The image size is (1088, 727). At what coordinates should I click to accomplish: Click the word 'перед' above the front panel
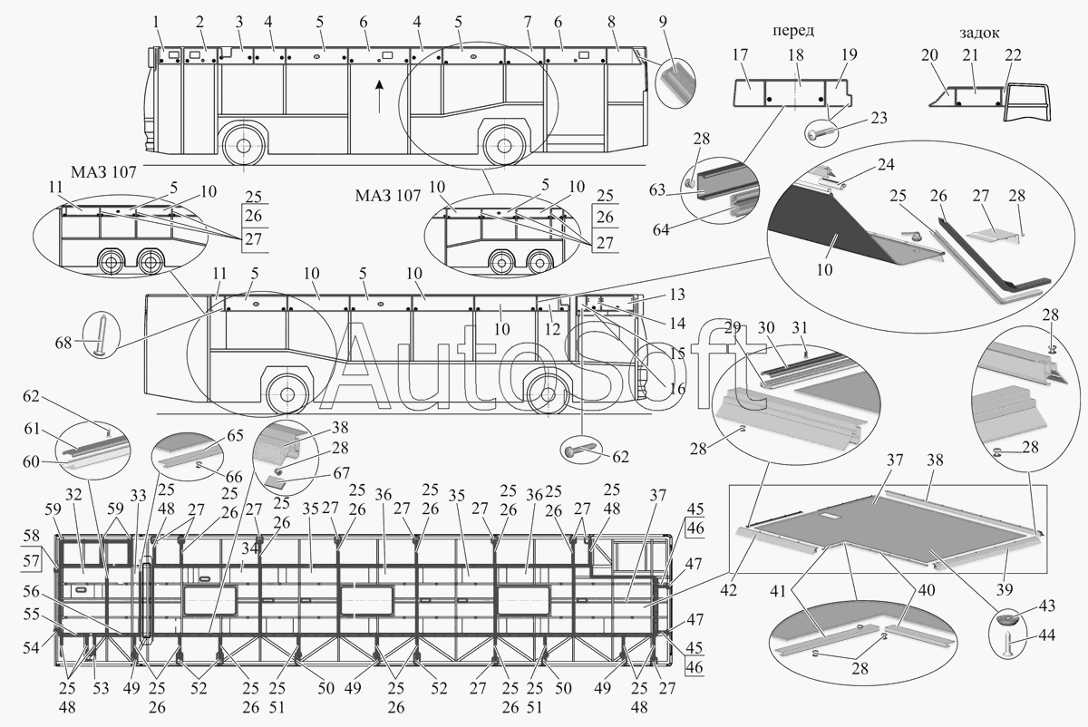click(792, 30)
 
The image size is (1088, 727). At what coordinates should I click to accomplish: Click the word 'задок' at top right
click(978, 33)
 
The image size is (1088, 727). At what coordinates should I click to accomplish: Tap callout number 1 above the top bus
click(156, 20)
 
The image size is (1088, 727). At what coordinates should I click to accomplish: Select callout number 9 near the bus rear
click(662, 20)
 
